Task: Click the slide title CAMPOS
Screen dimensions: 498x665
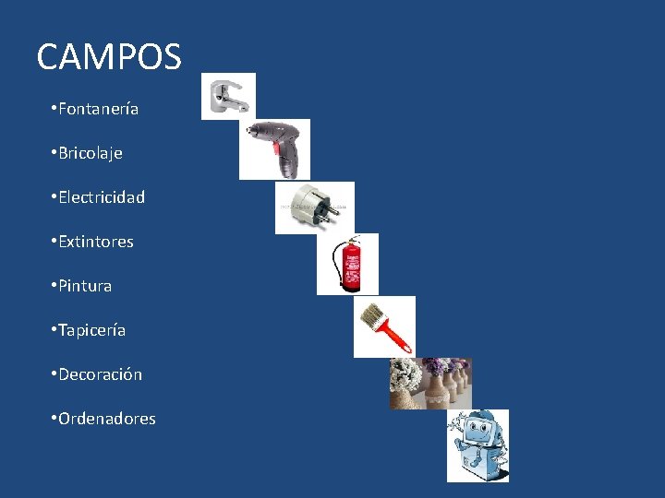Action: click(109, 57)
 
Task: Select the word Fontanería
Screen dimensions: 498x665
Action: click(98, 109)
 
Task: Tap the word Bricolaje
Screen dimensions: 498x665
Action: click(90, 153)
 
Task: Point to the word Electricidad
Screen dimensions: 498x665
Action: click(101, 197)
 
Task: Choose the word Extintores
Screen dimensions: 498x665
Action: click(95, 242)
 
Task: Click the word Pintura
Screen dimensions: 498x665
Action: click(85, 286)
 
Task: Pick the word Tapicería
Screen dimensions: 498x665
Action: click(91, 330)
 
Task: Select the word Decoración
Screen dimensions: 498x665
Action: click(100, 374)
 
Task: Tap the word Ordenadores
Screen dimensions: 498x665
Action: click(106, 419)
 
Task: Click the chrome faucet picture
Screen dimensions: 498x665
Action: click(228, 97)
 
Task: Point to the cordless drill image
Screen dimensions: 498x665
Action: click(274, 148)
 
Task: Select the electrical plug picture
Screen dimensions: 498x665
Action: click(314, 207)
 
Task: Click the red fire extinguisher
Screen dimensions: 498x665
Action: click(350, 264)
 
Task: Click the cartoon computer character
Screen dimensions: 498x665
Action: click(478, 445)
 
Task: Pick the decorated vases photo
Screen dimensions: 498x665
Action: click(429, 383)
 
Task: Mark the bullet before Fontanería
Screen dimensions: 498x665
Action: click(54, 109)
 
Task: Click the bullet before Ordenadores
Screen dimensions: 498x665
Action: click(54, 419)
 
